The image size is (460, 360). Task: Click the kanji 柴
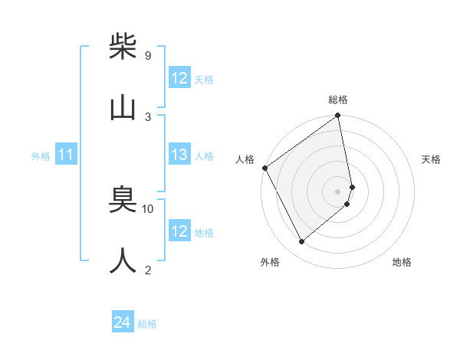[123, 47]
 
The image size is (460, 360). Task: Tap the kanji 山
[123, 108]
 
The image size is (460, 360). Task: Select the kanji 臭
[123, 201]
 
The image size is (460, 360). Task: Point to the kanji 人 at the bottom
[123, 261]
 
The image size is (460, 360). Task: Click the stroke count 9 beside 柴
[147, 55]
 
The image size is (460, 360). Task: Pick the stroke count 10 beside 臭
[148, 208]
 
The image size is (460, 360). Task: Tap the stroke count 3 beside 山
[148, 116]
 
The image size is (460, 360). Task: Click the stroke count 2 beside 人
[148, 270]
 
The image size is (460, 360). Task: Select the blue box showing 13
[179, 155]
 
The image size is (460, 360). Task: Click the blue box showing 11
[66, 155]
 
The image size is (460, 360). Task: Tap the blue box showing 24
[123, 323]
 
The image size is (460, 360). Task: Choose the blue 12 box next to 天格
[179, 78]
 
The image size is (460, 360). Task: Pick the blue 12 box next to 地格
[179, 231]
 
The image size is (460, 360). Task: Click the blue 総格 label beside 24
[147, 324]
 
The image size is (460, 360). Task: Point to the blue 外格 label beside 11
[41, 156]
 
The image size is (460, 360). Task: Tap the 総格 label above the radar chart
[338, 100]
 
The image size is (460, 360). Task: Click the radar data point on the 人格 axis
[264, 168]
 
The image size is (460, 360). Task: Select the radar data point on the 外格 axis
[301, 242]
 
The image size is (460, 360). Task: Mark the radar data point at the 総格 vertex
[338, 116]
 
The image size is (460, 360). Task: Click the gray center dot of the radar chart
[338, 191]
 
